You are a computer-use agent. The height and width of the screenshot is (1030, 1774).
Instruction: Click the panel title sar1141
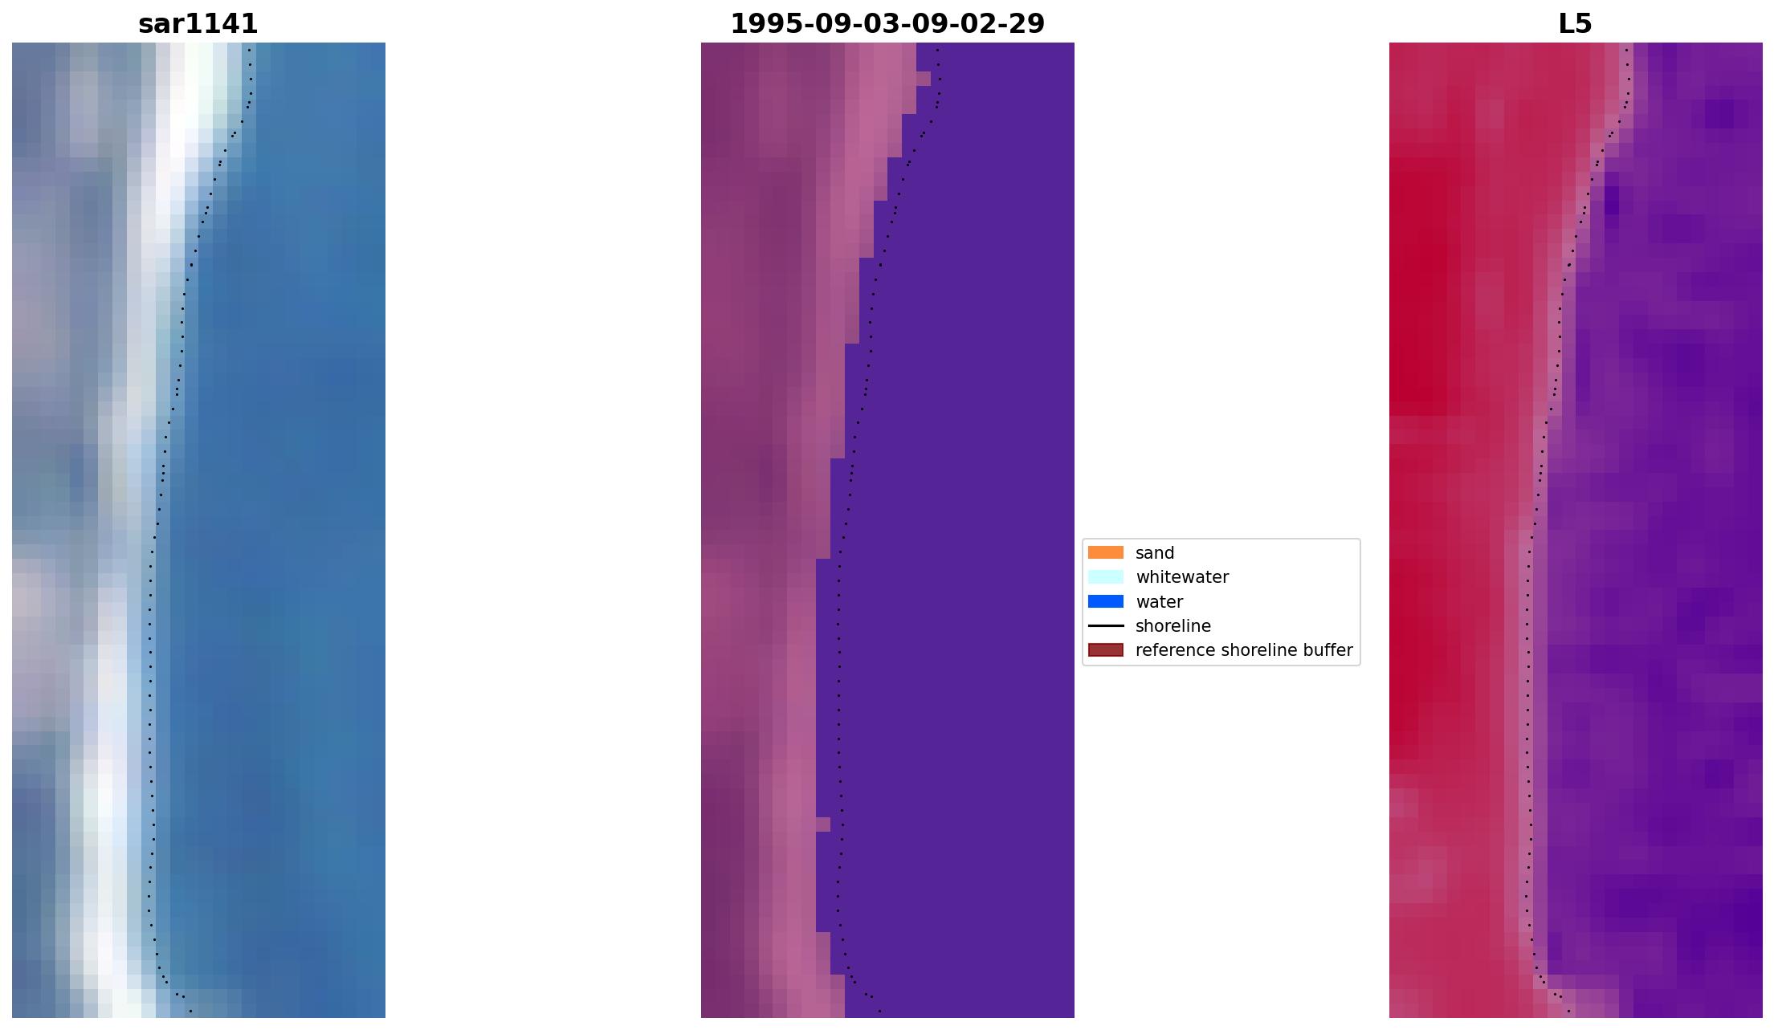[x=198, y=24]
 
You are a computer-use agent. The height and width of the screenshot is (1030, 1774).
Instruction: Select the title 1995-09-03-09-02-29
[x=887, y=24]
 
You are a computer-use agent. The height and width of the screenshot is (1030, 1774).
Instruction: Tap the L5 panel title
[x=1575, y=24]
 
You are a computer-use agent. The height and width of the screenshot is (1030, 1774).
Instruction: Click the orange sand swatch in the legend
[x=1105, y=552]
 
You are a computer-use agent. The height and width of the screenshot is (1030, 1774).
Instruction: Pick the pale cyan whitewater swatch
[x=1105, y=577]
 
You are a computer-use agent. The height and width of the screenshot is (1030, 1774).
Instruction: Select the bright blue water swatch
[x=1105, y=601]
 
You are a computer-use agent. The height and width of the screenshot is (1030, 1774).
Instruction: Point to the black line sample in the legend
[x=1105, y=625]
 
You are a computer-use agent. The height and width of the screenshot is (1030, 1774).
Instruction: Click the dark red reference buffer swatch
[x=1105, y=650]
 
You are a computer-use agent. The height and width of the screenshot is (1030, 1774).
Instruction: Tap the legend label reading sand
[x=1155, y=553]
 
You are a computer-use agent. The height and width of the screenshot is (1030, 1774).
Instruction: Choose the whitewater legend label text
[x=1182, y=577]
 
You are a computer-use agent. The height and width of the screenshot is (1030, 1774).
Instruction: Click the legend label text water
[x=1159, y=602]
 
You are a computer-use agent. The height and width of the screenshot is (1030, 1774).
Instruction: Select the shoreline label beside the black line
[x=1172, y=626]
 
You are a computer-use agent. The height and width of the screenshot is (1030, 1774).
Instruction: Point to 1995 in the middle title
[x=758, y=24]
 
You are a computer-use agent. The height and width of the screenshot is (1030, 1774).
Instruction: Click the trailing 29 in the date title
[x=1029, y=24]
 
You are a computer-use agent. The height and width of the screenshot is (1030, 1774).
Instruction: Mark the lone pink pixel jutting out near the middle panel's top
[x=923, y=79]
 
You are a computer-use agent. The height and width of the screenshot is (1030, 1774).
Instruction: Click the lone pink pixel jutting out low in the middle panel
[x=823, y=824]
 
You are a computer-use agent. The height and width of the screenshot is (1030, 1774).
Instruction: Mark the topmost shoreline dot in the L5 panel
[x=1626, y=50]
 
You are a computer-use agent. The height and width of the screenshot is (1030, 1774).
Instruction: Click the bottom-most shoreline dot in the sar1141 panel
[x=190, y=1011]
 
